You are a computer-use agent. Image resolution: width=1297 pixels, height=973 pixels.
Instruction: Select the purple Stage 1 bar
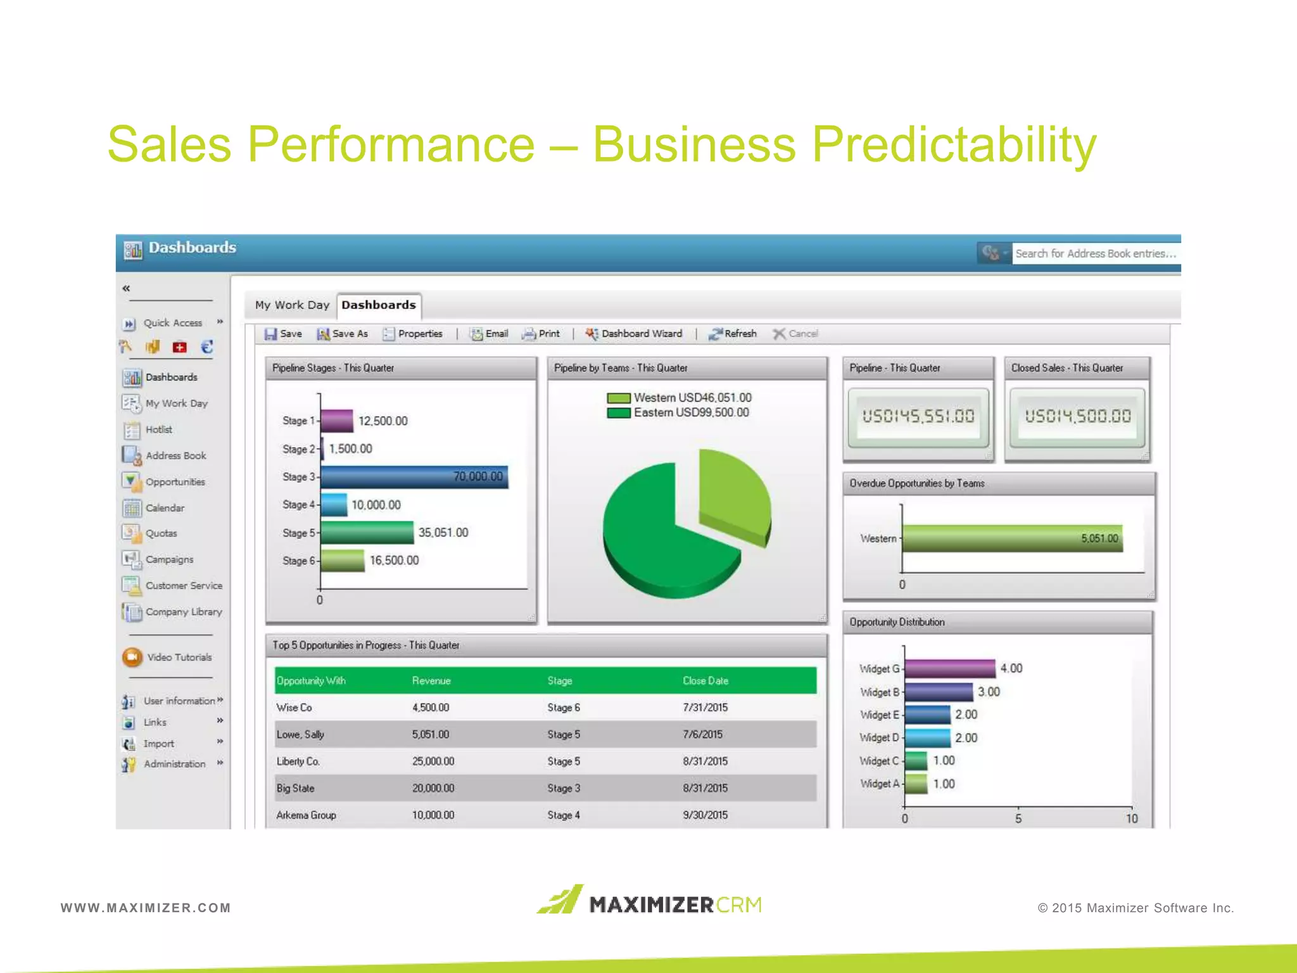point(337,421)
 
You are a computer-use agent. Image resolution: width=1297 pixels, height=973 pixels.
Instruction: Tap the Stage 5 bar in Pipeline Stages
point(367,533)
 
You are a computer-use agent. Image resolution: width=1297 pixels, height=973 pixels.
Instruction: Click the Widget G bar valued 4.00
point(949,668)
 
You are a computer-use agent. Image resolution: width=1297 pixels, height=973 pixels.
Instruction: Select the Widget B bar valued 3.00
point(938,692)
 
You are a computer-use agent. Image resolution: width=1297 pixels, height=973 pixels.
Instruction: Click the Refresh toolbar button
point(733,334)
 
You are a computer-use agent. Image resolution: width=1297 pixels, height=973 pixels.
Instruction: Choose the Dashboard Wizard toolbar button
point(634,334)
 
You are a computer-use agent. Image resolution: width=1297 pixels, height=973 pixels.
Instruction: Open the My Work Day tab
point(292,305)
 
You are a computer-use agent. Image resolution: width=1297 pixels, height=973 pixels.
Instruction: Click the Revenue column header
point(431,681)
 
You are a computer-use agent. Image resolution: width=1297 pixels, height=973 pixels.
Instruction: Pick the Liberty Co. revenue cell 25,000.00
point(433,761)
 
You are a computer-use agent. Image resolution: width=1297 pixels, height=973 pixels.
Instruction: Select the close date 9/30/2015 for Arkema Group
point(705,815)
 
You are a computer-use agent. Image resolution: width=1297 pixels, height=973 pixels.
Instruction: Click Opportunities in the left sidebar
point(175,482)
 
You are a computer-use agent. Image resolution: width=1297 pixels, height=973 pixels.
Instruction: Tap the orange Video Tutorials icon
point(132,658)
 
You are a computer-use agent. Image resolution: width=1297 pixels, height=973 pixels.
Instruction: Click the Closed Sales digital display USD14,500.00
point(1077,416)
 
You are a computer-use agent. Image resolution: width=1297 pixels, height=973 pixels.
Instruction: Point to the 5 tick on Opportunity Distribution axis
point(1018,818)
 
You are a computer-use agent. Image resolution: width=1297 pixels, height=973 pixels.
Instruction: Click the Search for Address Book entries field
point(1095,254)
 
